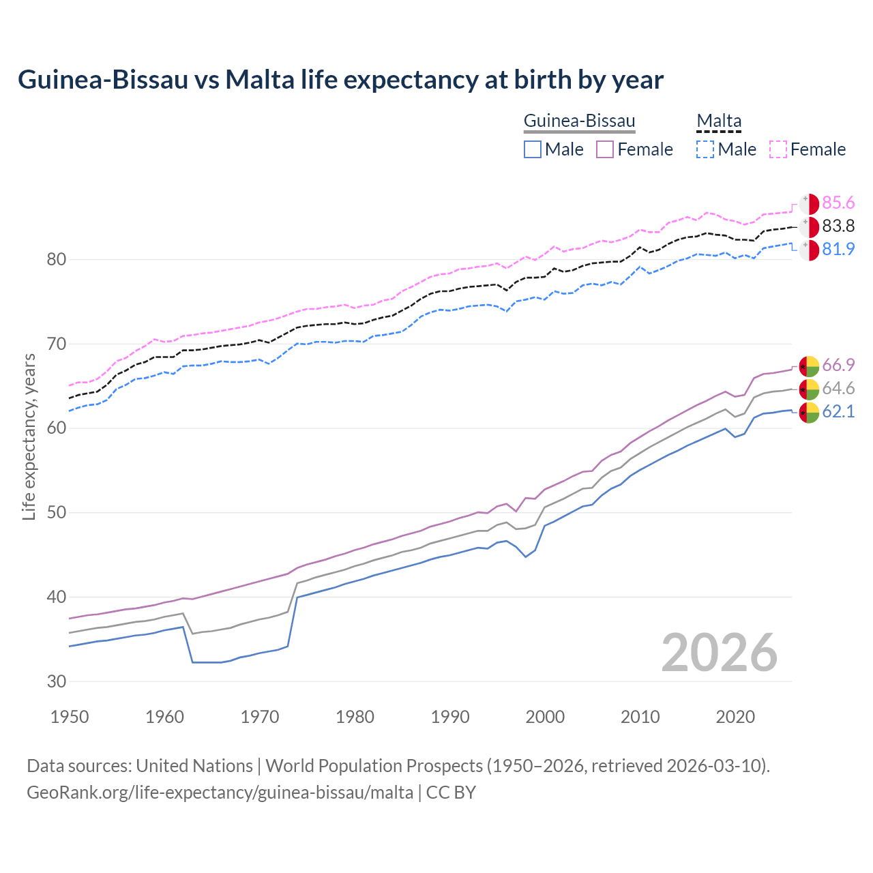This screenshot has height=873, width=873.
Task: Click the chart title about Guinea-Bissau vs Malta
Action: (340, 80)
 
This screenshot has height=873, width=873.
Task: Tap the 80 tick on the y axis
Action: (57, 259)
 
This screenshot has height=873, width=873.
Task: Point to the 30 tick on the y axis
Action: (57, 681)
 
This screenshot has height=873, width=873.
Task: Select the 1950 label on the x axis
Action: (70, 717)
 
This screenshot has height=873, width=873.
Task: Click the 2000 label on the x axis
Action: (545, 717)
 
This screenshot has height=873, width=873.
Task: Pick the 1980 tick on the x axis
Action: (355, 717)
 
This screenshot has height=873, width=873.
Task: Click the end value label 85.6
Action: (838, 203)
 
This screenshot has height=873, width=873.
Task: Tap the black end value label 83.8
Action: (838, 226)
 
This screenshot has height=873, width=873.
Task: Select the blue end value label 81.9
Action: (838, 250)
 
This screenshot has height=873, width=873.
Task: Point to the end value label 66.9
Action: (838, 366)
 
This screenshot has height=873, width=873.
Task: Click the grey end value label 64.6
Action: (838, 389)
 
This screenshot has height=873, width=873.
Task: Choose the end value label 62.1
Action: (838, 412)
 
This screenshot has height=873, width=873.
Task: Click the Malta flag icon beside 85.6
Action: (809, 204)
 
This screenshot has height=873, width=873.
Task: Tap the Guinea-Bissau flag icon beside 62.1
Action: (809, 413)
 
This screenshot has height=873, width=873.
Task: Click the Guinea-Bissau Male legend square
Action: (533, 149)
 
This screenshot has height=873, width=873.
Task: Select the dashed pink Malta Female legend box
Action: (778, 149)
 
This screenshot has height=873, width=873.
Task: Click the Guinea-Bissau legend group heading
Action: (579, 121)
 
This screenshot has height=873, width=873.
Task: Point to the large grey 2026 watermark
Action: (719, 653)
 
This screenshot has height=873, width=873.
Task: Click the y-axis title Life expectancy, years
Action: (29, 436)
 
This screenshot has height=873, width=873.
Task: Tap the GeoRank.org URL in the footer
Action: (220, 793)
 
